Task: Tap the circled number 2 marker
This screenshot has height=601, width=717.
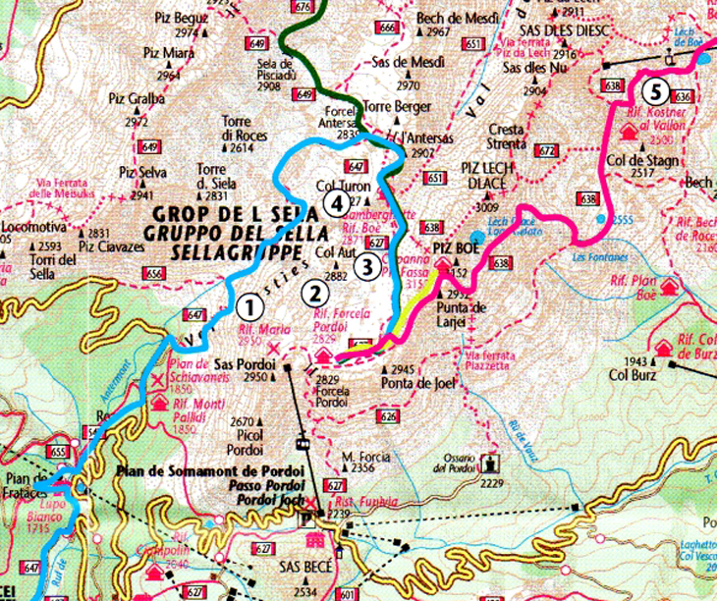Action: point(315,291)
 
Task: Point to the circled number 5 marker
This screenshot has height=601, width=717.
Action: point(655,92)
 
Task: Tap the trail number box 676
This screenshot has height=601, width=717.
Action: point(303,7)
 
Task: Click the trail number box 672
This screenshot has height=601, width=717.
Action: point(546,150)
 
